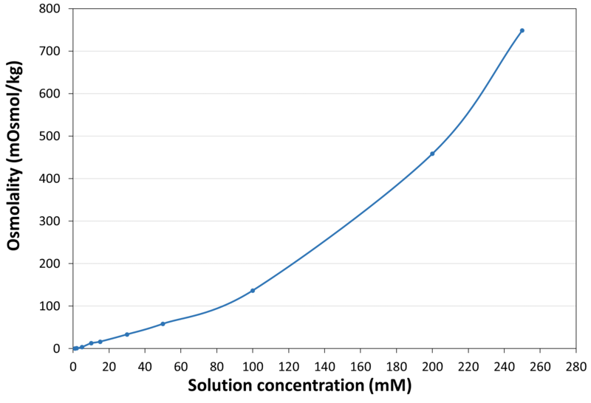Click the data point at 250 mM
[522, 30]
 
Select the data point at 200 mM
[432, 154]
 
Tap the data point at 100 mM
[253, 290]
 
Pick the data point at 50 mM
[163, 323]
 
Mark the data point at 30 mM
[127, 334]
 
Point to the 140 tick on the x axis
[324, 365]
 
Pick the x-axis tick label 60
[181, 365]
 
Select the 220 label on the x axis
[468, 365]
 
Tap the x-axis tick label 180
[397, 365]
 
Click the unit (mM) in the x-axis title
[389, 385]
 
